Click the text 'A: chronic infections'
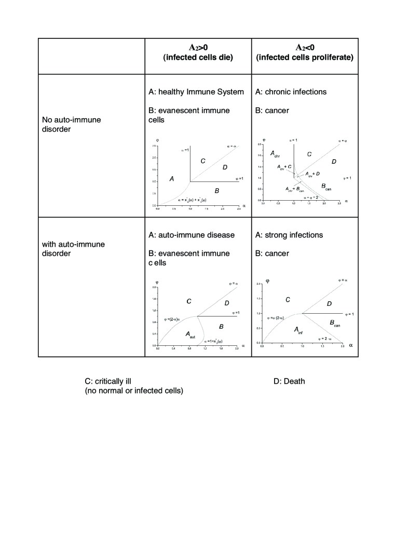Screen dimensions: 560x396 pyautogui.click(x=291, y=92)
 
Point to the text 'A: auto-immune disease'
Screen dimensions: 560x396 pyautogui.click(x=191, y=235)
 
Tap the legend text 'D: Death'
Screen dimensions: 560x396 pyautogui.click(x=289, y=382)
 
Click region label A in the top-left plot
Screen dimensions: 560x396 pyautogui.click(x=172, y=178)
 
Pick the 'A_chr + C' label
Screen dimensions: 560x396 pyautogui.click(x=284, y=166)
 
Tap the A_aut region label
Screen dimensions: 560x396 pyautogui.click(x=190, y=335)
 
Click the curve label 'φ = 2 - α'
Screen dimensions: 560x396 pyautogui.click(x=327, y=338)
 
